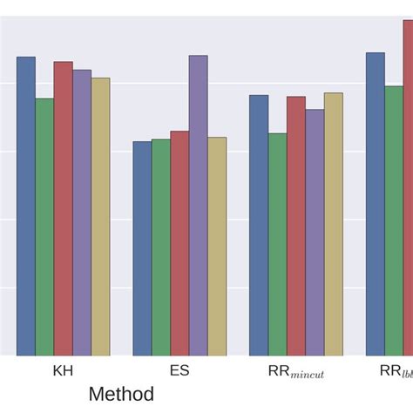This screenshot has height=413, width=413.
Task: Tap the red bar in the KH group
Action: (x=63, y=209)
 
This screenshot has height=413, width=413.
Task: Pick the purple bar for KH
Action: (x=82, y=213)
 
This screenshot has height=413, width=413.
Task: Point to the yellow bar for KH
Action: (x=100, y=217)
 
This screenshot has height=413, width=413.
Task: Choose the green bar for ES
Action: (x=161, y=247)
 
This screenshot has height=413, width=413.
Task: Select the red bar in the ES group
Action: (x=179, y=244)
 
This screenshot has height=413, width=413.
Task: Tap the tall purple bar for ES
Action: (x=198, y=206)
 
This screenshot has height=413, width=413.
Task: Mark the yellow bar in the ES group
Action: (x=217, y=247)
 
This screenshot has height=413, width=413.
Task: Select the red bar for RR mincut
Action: (x=296, y=226)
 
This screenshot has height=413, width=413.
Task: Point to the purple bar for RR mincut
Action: (x=315, y=233)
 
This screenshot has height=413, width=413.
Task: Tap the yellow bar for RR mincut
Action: (x=333, y=224)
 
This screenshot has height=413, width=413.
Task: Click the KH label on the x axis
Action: (x=63, y=370)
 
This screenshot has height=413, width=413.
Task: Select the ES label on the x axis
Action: (x=179, y=370)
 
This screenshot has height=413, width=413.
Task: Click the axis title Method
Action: (x=121, y=394)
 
